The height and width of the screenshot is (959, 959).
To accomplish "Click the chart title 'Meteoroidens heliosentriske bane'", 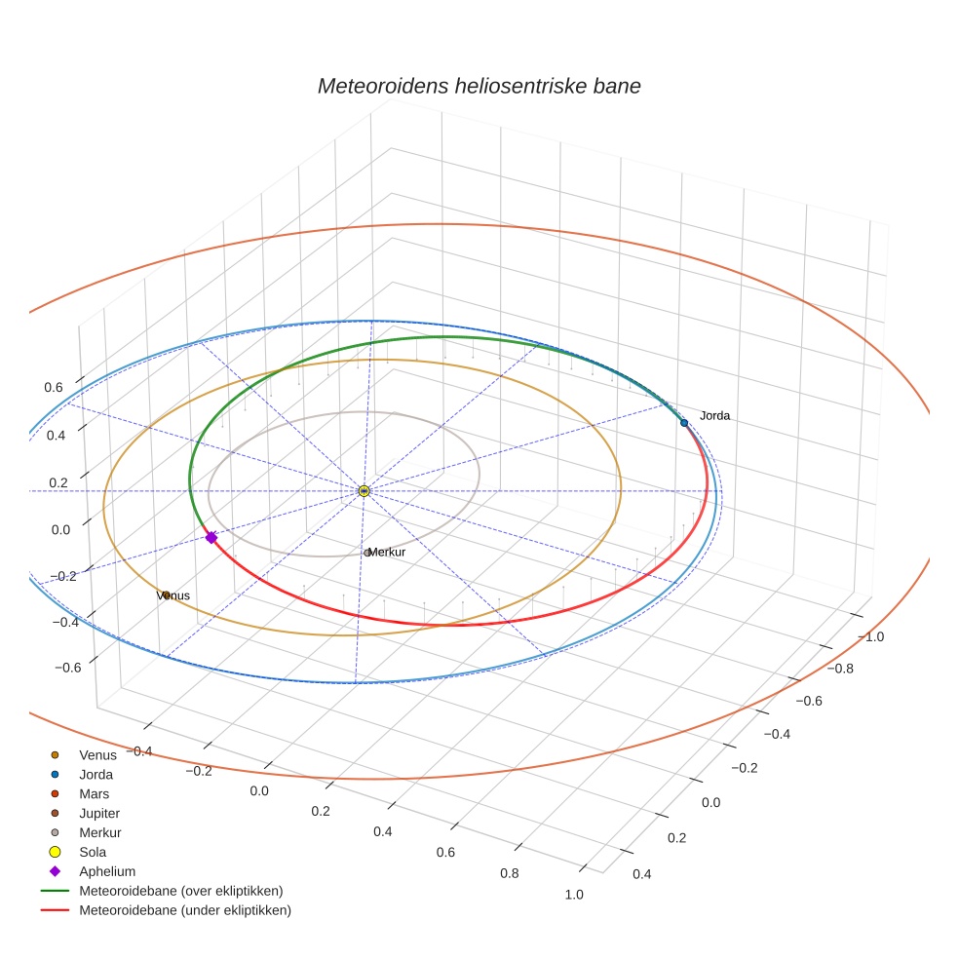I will (479, 86).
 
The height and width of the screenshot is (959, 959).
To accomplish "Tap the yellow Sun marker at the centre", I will (364, 491).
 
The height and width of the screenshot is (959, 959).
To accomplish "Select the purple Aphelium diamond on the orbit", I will (211, 537).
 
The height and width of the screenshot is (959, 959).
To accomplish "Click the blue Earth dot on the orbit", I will (684, 422).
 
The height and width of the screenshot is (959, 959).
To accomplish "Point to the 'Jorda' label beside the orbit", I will (714, 416).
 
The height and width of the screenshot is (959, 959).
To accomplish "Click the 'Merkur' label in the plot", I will (386, 553).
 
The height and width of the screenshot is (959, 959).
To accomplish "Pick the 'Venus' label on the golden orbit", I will (173, 595).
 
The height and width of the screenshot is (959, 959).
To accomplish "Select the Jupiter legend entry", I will (99, 813).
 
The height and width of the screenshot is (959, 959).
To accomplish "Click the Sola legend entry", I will (93, 852).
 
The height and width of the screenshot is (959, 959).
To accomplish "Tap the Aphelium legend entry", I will (106, 871).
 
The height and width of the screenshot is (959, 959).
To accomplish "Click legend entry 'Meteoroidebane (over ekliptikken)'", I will (180, 891).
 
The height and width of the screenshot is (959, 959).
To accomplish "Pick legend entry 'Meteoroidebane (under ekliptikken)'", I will (184, 910).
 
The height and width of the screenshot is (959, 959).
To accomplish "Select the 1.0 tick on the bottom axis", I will (574, 894).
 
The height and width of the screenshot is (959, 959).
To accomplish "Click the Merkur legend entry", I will (99, 832).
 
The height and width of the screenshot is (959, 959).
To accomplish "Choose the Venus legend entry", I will (97, 754).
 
